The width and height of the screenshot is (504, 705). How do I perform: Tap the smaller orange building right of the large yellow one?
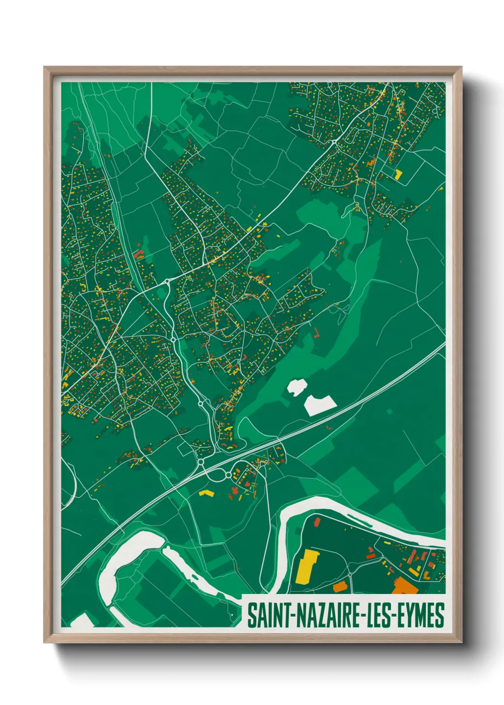coord(339,587)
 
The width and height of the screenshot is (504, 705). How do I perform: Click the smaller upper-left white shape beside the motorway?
coord(296,387)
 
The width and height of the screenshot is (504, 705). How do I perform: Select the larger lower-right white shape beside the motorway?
coord(319,404)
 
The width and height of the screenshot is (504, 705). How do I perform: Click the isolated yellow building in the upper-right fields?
coord(398,174)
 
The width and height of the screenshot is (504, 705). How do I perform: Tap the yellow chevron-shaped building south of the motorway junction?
coord(205,493)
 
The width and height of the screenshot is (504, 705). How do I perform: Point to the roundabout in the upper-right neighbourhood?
coord(334,142)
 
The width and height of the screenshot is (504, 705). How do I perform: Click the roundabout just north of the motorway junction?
coord(201,462)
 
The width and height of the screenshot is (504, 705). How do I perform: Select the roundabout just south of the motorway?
coord(228,475)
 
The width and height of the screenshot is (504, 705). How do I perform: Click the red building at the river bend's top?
coord(316,523)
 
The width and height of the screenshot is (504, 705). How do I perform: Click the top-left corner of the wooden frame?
coord(45,68)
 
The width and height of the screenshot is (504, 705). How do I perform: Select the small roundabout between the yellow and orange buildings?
coord(350,575)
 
